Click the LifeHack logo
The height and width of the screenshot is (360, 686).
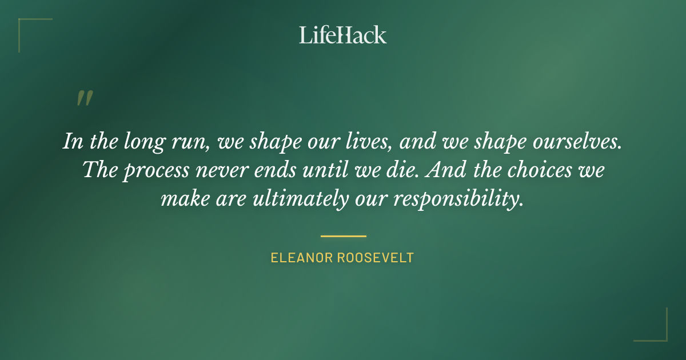coord(343,35)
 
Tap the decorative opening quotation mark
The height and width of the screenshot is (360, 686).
coord(84,99)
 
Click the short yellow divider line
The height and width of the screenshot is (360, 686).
coord(343,235)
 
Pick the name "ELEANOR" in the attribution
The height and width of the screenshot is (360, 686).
coord(302,258)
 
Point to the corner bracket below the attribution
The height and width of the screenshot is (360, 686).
coord(657,331)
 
